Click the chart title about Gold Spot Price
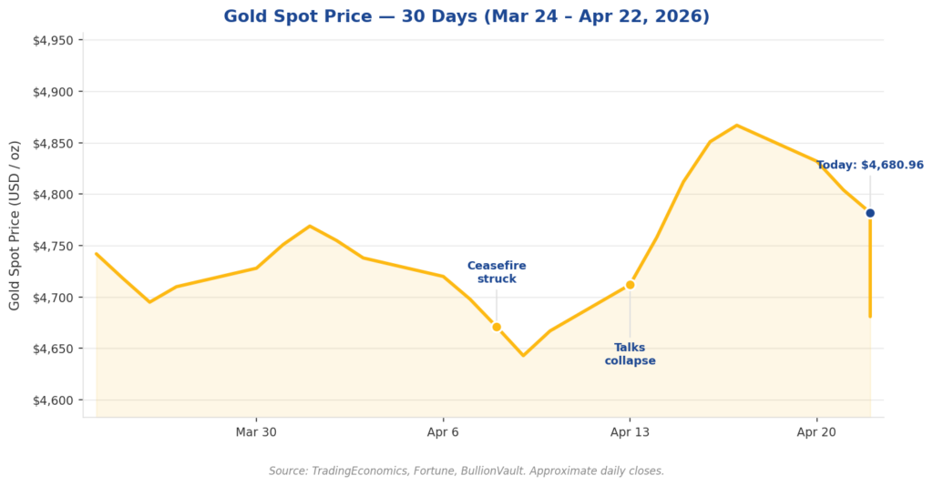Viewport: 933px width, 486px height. click(x=466, y=16)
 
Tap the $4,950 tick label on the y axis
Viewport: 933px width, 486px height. click(x=53, y=41)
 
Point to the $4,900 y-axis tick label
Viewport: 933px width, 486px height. click(x=53, y=92)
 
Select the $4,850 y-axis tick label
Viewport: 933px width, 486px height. click(x=53, y=144)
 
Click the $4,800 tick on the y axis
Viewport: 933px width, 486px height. click(x=53, y=195)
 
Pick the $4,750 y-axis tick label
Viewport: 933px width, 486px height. click(x=53, y=247)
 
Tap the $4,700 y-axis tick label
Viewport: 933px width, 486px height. click(x=53, y=298)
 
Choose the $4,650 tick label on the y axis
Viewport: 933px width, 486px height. click(x=53, y=349)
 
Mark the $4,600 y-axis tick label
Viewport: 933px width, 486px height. click(x=53, y=400)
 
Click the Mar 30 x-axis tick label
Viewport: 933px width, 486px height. click(x=256, y=432)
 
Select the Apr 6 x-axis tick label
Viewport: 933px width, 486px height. click(x=443, y=432)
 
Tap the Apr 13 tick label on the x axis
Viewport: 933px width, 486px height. click(x=630, y=432)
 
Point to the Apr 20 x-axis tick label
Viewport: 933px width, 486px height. click(x=816, y=432)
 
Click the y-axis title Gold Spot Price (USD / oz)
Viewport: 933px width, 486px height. click(x=15, y=225)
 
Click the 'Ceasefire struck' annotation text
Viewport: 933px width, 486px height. click(x=497, y=272)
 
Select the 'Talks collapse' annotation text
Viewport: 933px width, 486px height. click(x=630, y=354)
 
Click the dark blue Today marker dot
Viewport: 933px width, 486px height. click(x=870, y=213)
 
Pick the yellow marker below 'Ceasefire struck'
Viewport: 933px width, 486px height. click(x=497, y=327)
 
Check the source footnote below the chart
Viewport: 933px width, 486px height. click(x=466, y=471)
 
